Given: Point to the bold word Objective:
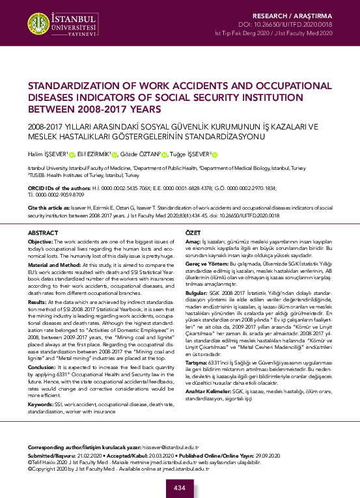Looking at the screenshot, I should [x=40, y=241].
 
